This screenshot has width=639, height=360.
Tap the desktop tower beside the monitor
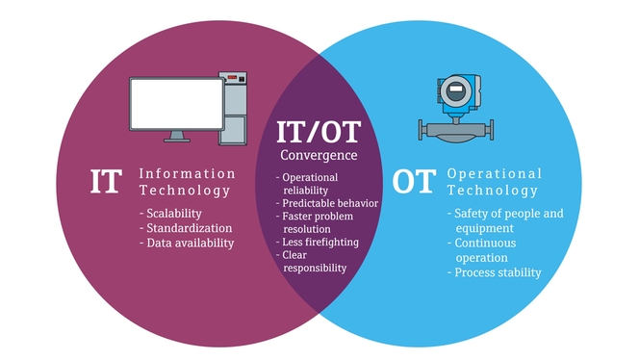[x=234, y=109]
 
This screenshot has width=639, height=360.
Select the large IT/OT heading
[x=319, y=132]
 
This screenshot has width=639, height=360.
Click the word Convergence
[x=319, y=155]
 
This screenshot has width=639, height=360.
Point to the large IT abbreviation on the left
[x=106, y=183]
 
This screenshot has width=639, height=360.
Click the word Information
[x=187, y=174]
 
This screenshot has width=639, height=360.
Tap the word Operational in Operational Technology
[x=495, y=174]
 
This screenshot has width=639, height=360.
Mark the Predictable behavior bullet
[x=328, y=203]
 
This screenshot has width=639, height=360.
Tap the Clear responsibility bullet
[x=314, y=261]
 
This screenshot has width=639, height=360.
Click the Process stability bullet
[x=496, y=272]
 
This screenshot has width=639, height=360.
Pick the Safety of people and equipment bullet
[x=504, y=220]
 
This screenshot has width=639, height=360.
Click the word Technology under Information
[x=185, y=191]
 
